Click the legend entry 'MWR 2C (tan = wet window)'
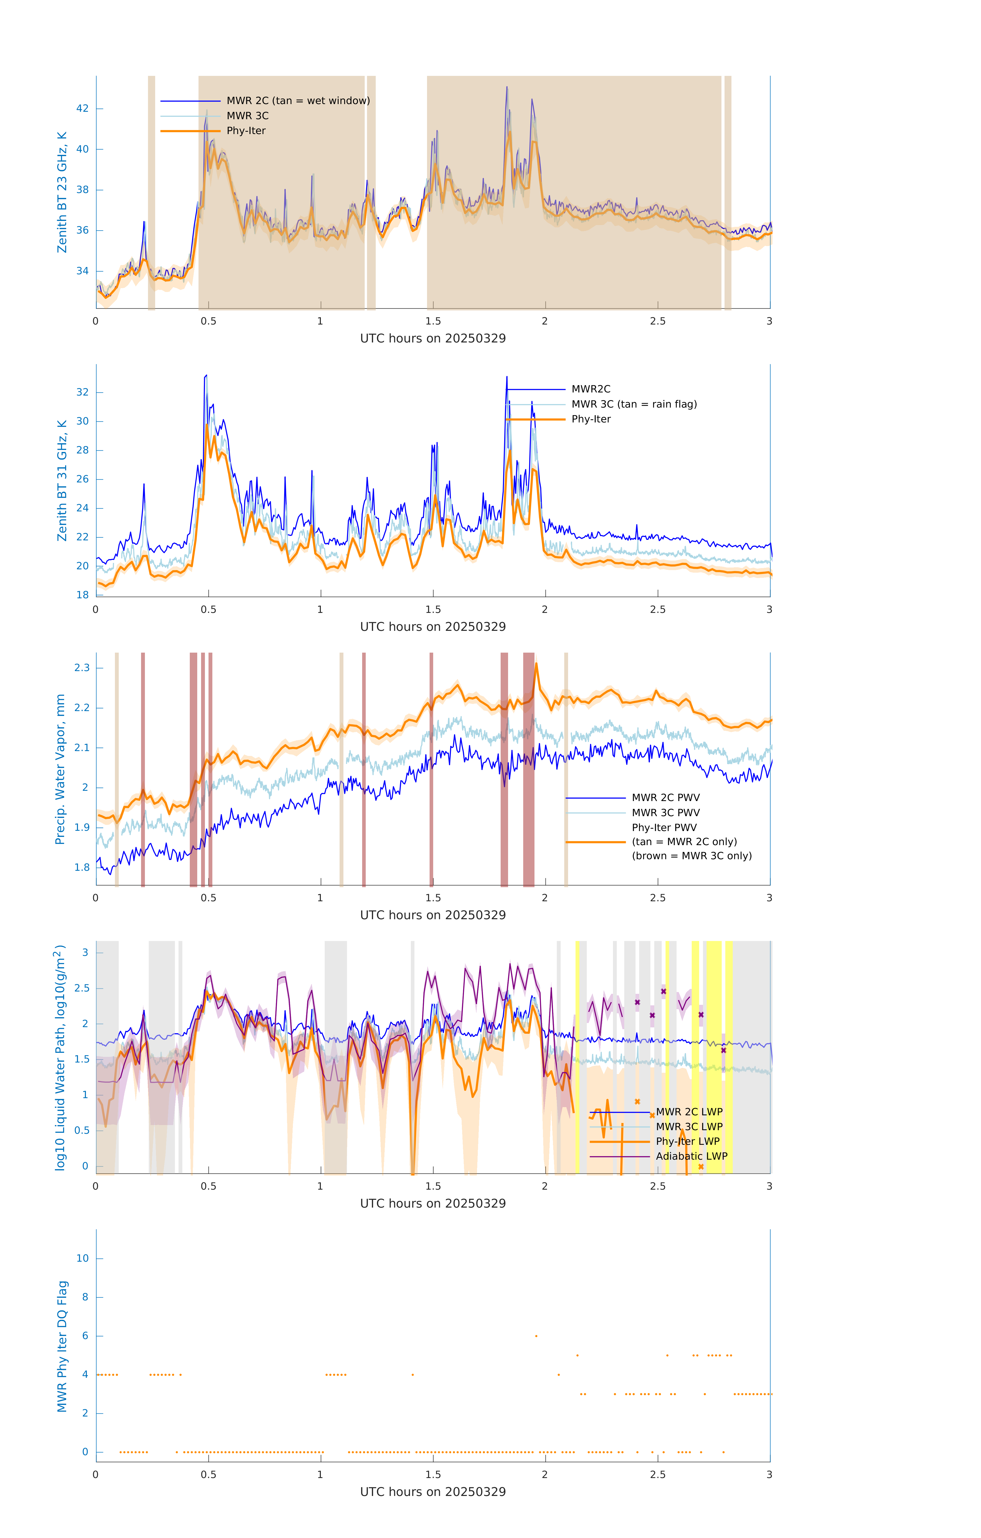[298, 101]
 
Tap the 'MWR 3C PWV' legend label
[665, 812]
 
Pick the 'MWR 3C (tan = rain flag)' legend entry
[633, 404]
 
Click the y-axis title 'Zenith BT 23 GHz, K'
[62, 192]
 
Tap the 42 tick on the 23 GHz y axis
[82, 109]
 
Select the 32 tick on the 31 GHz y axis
[82, 392]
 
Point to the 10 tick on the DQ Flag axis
[82, 1258]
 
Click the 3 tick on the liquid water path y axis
[85, 952]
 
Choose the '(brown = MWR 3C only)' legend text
[691, 856]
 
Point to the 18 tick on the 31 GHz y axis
[82, 595]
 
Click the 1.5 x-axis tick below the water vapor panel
[433, 898]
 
